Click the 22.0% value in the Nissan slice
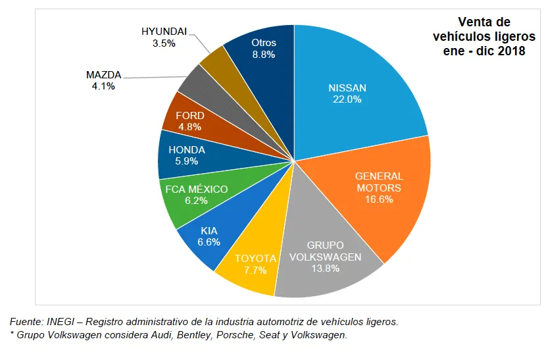347,99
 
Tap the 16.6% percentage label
379,199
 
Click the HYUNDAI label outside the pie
164,32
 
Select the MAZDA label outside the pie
103,74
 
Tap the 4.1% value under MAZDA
103,86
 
